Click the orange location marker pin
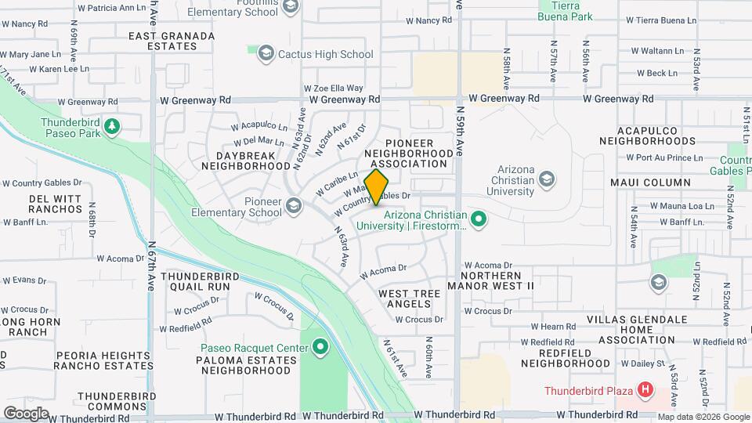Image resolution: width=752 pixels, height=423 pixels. [x=377, y=186]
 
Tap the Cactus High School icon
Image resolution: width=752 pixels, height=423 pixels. [x=266, y=54]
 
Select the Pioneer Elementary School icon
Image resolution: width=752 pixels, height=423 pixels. [x=294, y=206]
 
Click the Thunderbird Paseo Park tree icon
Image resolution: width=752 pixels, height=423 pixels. [x=112, y=125]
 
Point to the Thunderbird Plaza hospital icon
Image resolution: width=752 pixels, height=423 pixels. [x=645, y=389]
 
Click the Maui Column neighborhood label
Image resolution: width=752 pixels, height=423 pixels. [x=650, y=183]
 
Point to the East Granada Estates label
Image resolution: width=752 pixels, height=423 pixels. [x=172, y=41]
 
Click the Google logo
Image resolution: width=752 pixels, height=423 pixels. [x=26, y=412]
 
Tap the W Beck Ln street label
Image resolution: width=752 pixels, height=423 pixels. [x=656, y=73]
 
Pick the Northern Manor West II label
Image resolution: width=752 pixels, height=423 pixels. [x=490, y=281]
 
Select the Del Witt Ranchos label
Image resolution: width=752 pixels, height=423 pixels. [x=56, y=204]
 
